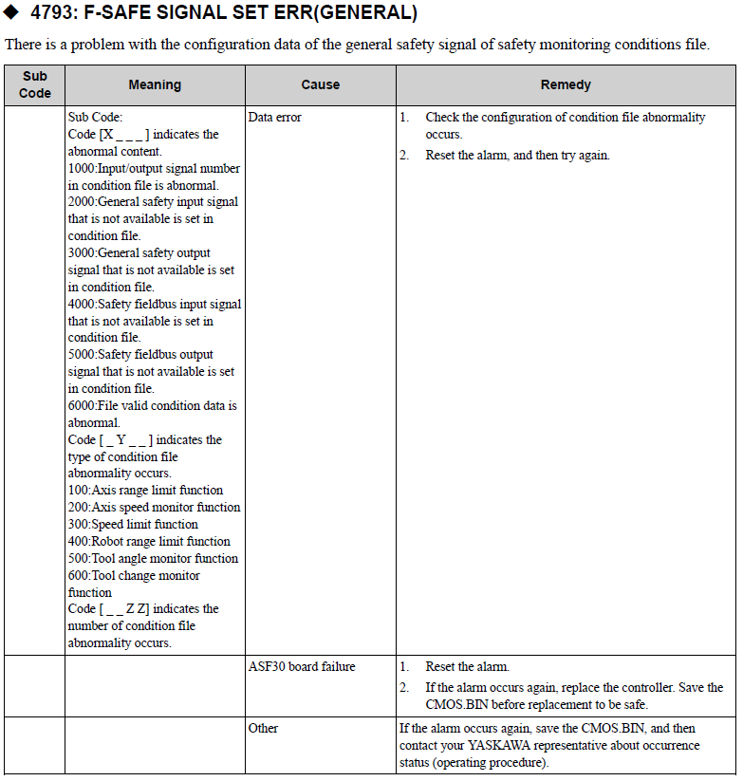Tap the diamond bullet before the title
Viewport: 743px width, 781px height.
(x=12, y=14)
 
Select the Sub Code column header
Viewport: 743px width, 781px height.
(x=35, y=84)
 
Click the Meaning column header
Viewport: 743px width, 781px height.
(x=155, y=84)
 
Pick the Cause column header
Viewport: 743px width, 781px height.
(x=320, y=84)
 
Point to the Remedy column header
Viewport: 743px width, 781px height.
(x=566, y=84)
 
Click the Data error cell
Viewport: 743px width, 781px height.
(x=274, y=118)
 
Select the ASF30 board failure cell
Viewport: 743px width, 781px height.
(x=301, y=667)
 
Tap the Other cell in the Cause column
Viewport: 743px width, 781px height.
(x=263, y=728)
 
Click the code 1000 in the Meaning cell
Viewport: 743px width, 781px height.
(x=81, y=169)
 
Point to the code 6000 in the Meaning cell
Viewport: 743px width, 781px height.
(x=81, y=406)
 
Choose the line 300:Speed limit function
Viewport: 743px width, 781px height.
(x=133, y=525)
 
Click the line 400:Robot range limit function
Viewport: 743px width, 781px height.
(x=149, y=542)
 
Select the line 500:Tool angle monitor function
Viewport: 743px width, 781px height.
(x=153, y=559)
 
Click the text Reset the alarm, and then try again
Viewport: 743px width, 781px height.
(x=517, y=155)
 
